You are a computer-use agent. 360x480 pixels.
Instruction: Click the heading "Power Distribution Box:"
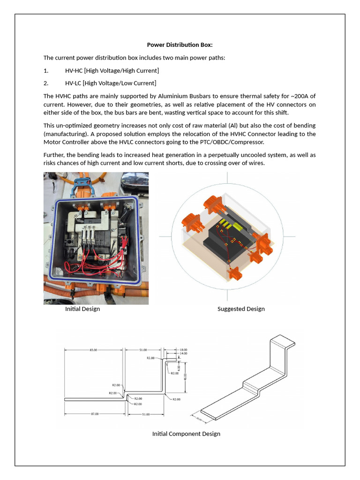click(180, 45)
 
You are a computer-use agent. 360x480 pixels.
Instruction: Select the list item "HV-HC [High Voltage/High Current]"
click(112, 70)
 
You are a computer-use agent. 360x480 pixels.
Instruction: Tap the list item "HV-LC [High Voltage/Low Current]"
click(110, 83)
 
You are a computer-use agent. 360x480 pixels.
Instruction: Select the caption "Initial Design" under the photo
click(82, 309)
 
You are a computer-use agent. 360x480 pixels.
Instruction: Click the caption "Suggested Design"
click(241, 309)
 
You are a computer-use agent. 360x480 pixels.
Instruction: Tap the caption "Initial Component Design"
click(186, 434)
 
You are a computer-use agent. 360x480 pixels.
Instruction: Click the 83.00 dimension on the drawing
click(93, 350)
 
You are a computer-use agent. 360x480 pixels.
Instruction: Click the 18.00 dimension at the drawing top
click(184, 350)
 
